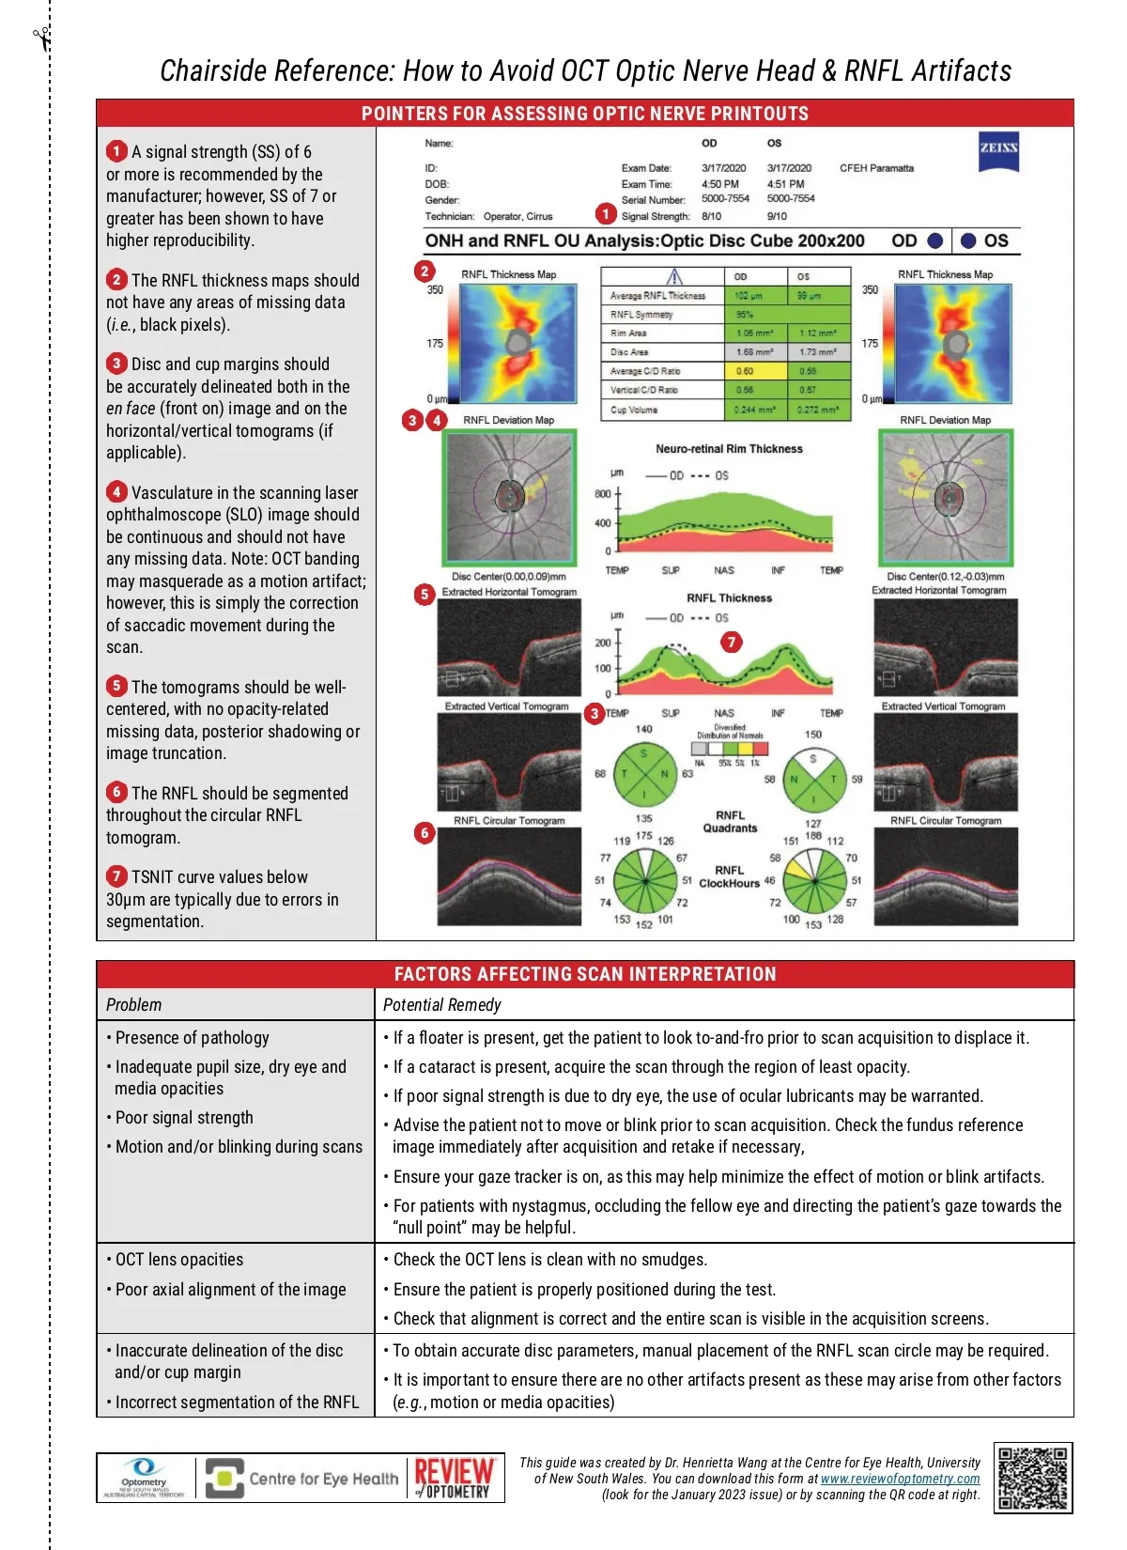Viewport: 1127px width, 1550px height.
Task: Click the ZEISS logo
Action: pyautogui.click(x=997, y=150)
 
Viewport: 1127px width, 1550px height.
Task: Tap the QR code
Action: pyautogui.click(x=1033, y=1478)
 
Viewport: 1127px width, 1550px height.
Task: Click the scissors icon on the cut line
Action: pyautogui.click(x=41, y=39)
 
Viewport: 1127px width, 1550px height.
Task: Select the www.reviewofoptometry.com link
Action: pyautogui.click(x=900, y=1479)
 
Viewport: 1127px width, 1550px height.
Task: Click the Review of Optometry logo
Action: pyautogui.click(x=455, y=1479)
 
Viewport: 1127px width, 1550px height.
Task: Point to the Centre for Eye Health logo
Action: pyautogui.click(x=301, y=1479)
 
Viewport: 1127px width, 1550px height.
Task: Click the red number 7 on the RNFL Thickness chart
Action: pyautogui.click(x=731, y=642)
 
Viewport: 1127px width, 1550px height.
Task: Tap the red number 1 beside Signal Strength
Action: pyautogui.click(x=606, y=214)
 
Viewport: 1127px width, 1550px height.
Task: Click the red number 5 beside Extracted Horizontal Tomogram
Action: pyautogui.click(x=425, y=594)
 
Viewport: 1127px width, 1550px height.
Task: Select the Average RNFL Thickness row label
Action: pyautogui.click(x=657, y=296)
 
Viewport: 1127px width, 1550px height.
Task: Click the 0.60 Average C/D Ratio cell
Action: pyautogui.click(x=745, y=371)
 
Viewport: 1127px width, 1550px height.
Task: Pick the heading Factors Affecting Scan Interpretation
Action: pyautogui.click(x=585, y=974)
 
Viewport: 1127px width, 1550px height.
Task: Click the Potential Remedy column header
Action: pyautogui.click(x=442, y=1005)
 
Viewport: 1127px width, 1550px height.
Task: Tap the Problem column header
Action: pyautogui.click(x=133, y=1005)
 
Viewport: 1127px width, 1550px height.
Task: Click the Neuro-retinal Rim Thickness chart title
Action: pyautogui.click(x=729, y=449)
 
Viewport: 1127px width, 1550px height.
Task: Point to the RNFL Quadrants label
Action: pyautogui.click(x=730, y=822)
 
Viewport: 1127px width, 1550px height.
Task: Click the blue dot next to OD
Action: pyautogui.click(x=934, y=240)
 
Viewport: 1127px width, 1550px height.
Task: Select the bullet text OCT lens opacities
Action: pyautogui.click(x=178, y=1260)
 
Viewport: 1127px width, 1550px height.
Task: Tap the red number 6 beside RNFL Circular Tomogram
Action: pyautogui.click(x=425, y=832)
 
